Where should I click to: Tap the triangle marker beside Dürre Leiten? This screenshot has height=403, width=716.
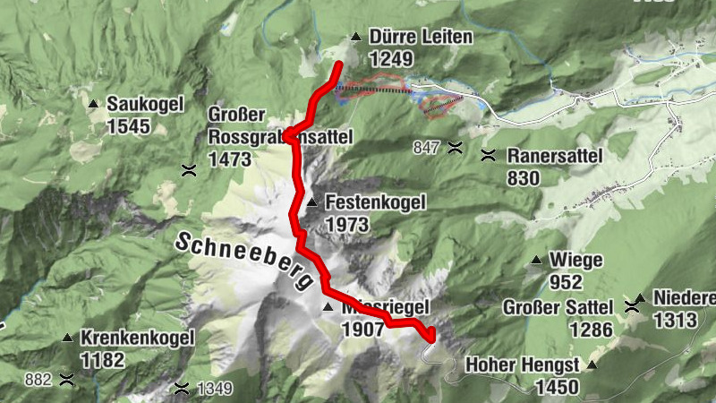point(356,38)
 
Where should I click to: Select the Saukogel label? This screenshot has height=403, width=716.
point(141,104)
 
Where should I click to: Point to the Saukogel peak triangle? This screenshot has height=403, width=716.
point(93,104)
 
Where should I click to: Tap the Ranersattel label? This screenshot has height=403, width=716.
point(555,156)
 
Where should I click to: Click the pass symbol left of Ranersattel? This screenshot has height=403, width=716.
point(488,155)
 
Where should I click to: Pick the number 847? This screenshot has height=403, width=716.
point(427,147)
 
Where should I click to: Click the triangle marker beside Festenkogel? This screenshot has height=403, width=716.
point(311,202)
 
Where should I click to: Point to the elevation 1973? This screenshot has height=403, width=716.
point(349,224)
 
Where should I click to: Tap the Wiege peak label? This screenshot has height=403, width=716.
point(578,261)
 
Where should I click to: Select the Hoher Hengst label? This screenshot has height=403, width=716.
point(522,365)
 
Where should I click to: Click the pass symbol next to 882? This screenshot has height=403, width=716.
point(65,379)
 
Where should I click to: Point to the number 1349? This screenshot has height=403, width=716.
point(215,389)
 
